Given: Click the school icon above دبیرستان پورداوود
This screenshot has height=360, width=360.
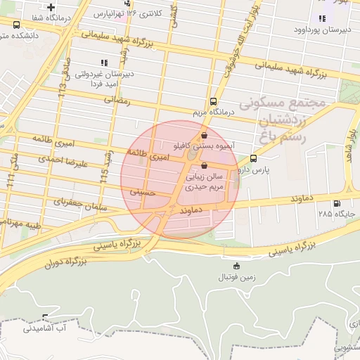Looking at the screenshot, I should [x=321, y=18].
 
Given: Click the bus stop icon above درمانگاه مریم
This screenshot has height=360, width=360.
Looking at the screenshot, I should [x=213, y=101].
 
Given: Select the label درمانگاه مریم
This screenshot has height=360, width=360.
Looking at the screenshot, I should [x=214, y=112].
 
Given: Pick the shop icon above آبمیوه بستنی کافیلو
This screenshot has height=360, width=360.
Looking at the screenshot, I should [x=204, y=136].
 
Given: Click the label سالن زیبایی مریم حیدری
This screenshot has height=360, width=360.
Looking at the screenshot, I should [x=204, y=182].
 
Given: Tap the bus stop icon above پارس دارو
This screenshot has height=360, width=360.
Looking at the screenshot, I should [x=254, y=158].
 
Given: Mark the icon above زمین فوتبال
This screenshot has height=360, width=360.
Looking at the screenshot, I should [x=236, y=266].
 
